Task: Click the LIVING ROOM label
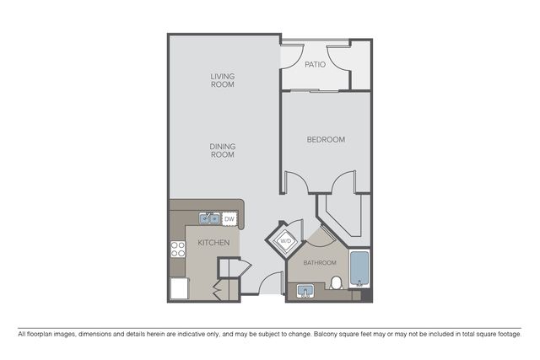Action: point(223,80)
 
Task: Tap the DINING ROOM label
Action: point(223,150)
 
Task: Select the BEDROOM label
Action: point(326,139)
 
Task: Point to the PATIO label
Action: point(315,64)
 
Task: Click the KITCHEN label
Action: point(213,243)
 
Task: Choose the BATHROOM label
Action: point(320,263)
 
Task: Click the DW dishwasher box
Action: point(229,219)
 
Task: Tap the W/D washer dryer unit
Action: point(285,240)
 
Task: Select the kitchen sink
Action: point(209,218)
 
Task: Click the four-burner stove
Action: point(178,250)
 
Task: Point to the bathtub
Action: point(359,269)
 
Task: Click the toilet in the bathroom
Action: point(336,283)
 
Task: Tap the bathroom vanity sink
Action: point(305,291)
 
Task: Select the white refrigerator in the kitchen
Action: point(179,288)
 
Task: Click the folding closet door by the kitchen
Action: point(217,292)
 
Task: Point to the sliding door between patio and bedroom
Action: point(315,91)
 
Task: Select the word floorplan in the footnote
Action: point(39,334)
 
